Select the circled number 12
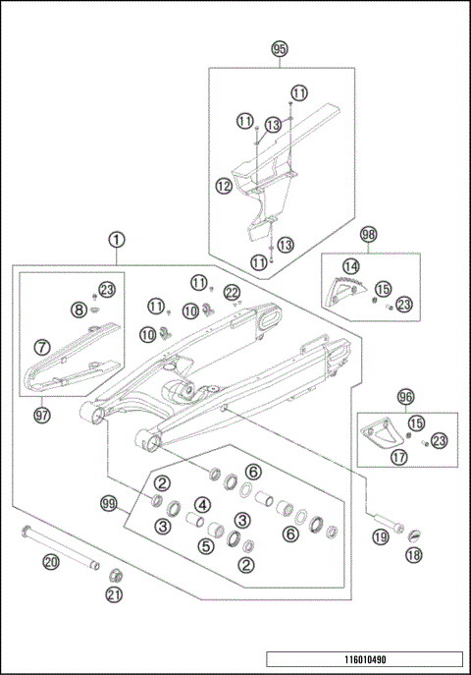coord(225,184)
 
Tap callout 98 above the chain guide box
coord(369,236)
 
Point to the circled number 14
coord(350,266)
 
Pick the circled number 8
coord(78,309)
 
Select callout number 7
coord(41,346)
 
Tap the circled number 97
coord(43,416)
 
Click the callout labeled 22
coord(232,292)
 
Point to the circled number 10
coord(147,334)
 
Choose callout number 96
coord(405,396)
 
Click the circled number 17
coord(398,456)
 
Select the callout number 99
coord(110,503)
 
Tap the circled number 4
coord(200,505)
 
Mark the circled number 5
coord(206,545)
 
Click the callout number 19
coord(380,536)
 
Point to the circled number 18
coord(412,555)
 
